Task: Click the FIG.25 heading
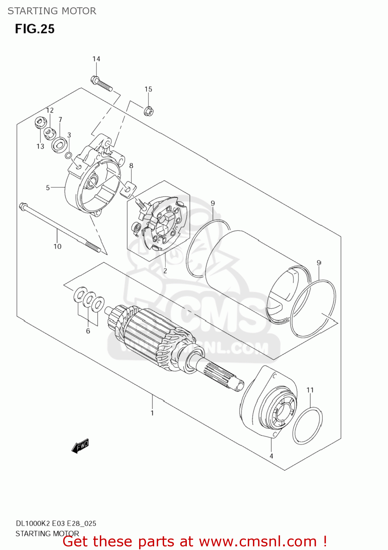tap(35, 29)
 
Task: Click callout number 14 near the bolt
tap(96, 59)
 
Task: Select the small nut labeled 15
tap(149, 110)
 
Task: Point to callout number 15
tap(148, 89)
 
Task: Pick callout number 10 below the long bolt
tap(58, 246)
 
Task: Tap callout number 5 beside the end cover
tap(48, 188)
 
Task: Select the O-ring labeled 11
tap(308, 425)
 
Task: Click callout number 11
tap(310, 390)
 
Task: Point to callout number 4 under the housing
tap(271, 456)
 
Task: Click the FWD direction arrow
tap(80, 446)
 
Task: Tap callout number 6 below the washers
tap(88, 331)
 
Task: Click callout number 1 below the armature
tap(152, 413)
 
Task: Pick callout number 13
tap(40, 146)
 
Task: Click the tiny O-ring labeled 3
tap(68, 155)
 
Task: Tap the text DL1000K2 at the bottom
tap(32, 523)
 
